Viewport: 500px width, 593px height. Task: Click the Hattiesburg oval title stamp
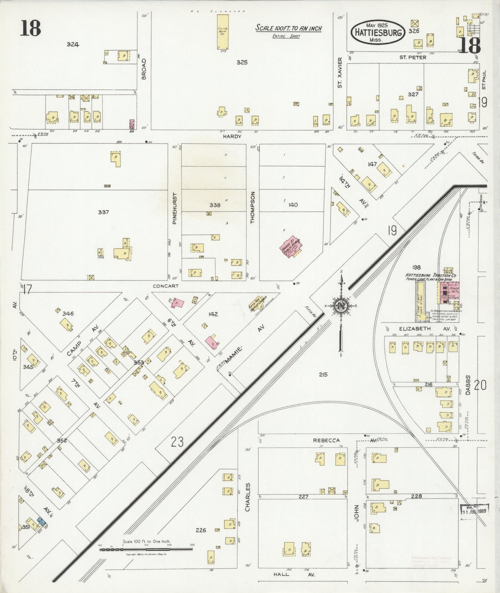point(378,32)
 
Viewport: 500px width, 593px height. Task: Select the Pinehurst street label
point(175,208)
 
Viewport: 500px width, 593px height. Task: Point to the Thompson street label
point(253,207)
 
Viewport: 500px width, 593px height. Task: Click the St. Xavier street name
point(339,72)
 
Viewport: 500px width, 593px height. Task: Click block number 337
point(103,212)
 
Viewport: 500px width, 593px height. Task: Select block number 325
point(242,62)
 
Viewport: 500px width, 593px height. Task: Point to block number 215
point(323,374)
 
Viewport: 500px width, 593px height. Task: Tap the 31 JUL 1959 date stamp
point(474,510)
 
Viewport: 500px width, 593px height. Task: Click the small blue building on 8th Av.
point(42,521)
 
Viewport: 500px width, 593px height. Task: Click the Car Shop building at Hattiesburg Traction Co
point(421,301)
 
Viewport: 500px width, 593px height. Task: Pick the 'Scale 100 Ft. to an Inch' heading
point(288,28)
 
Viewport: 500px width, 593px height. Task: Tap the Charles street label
point(247,497)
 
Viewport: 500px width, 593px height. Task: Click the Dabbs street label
point(468,385)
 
